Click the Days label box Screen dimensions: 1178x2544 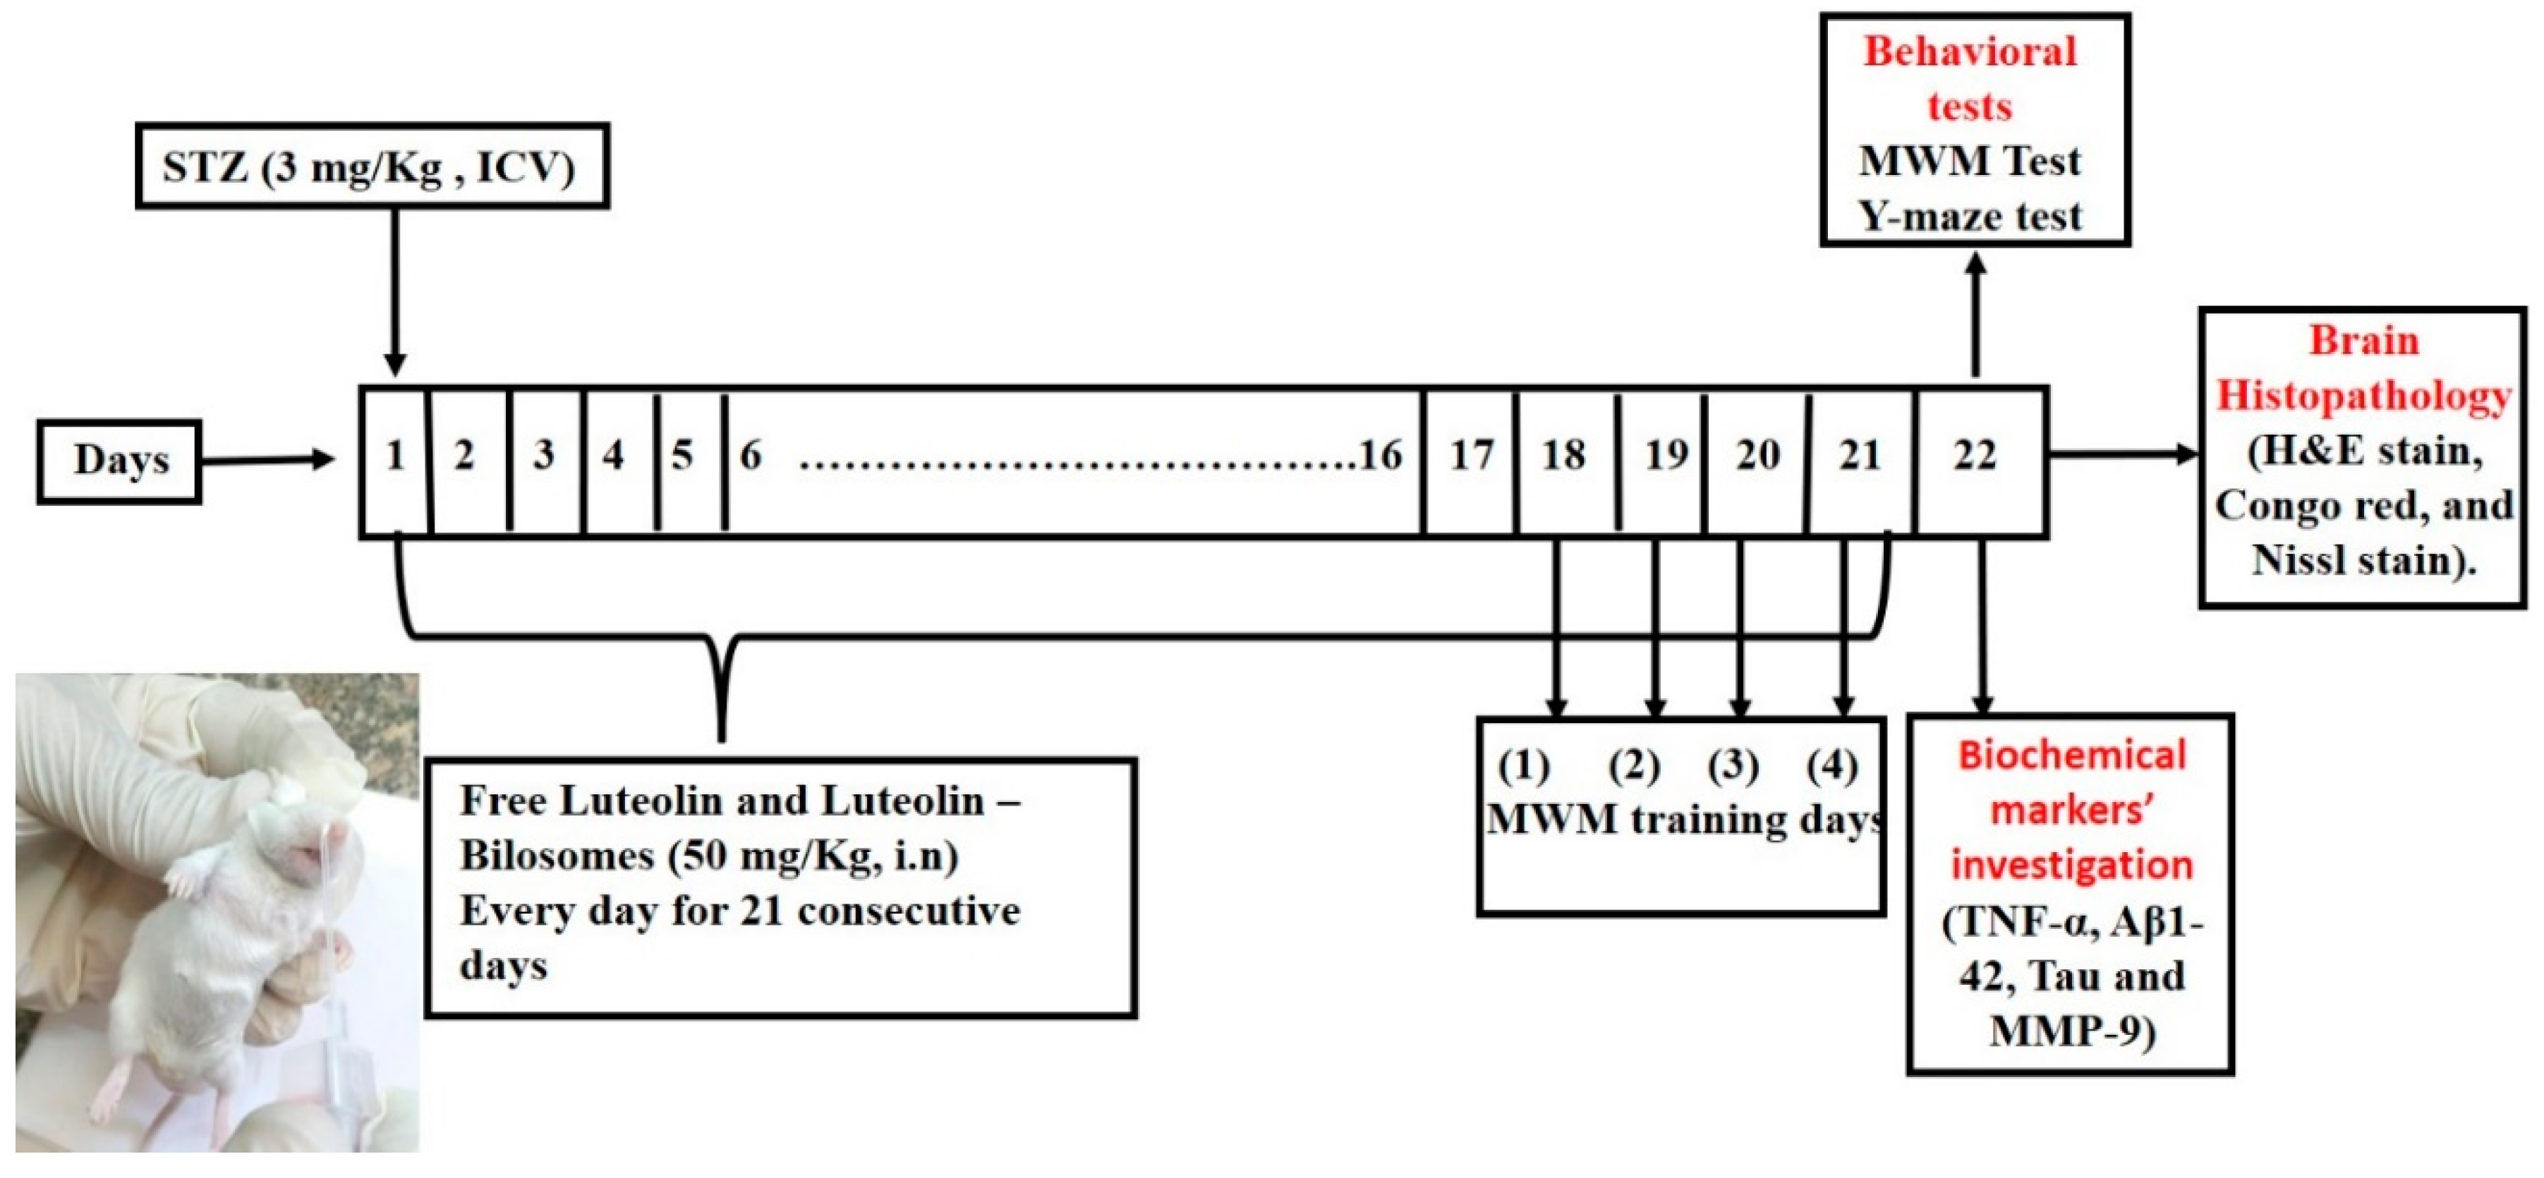119,461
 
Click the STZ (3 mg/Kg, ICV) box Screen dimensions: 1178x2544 371,166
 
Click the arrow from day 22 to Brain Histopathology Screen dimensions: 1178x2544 2124,454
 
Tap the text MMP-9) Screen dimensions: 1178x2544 2071,1032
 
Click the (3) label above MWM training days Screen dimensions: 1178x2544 1733,765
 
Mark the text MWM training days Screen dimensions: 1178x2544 1684,820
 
